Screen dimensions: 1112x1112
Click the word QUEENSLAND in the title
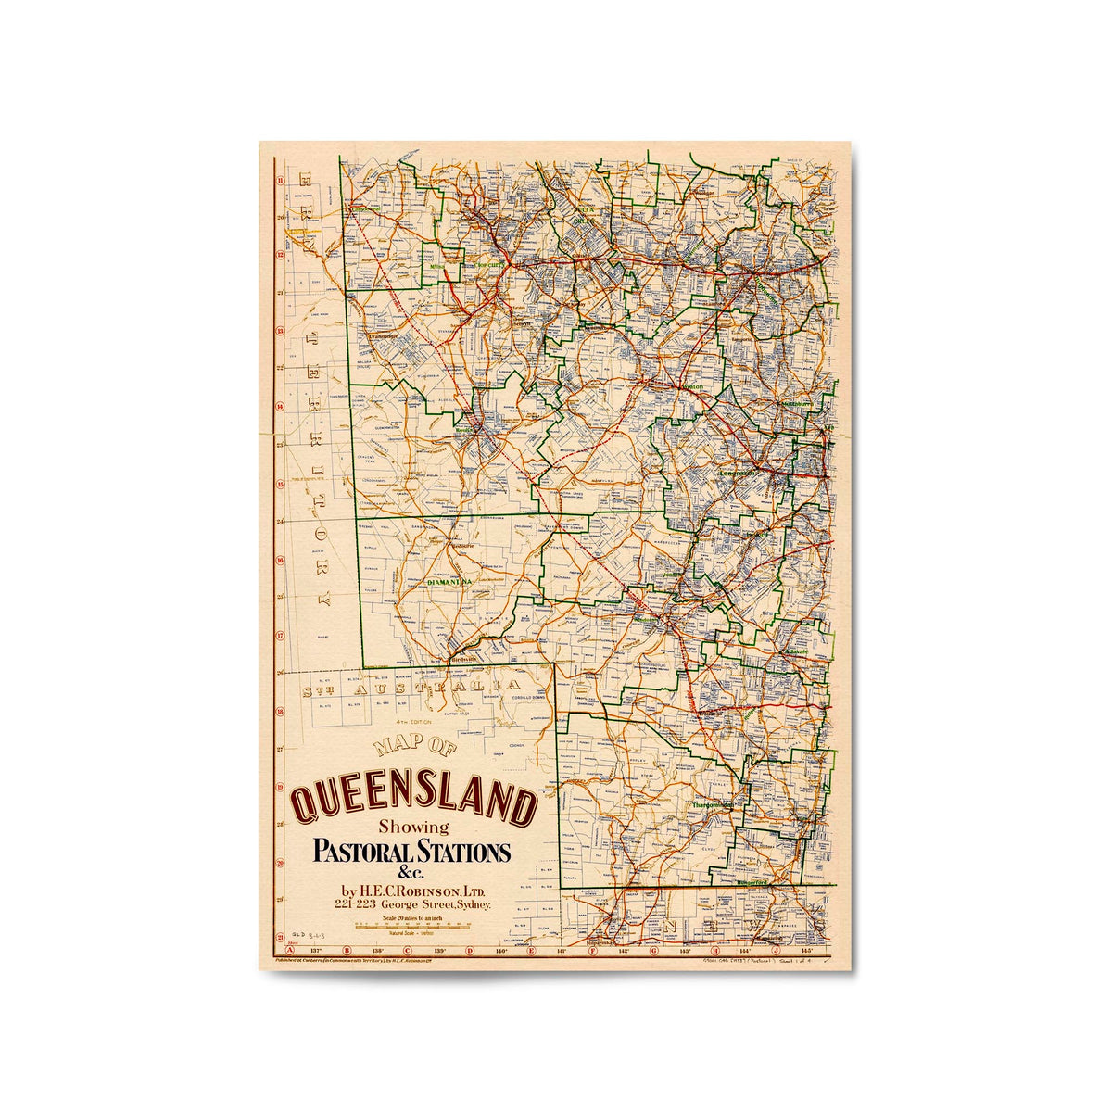[414, 802]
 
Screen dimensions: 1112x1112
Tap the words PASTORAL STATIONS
[412, 851]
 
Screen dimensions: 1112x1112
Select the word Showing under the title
[413, 827]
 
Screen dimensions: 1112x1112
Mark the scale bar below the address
[408, 925]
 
